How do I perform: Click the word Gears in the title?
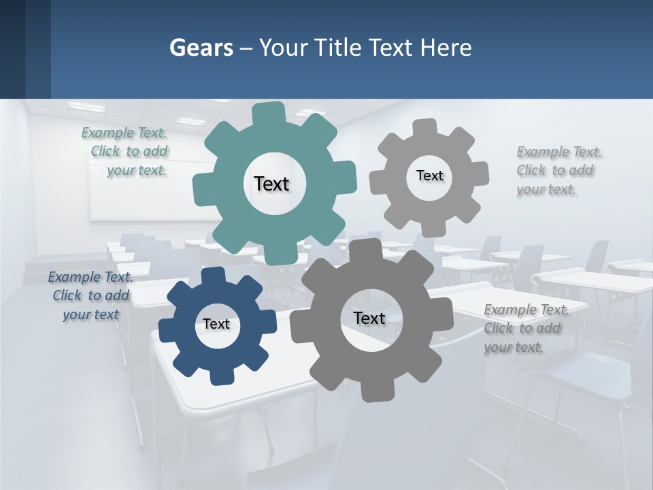[201, 48]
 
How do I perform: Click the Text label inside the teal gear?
[271, 184]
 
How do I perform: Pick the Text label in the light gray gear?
[429, 176]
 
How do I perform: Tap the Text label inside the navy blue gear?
[216, 324]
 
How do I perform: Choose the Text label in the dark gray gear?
[369, 318]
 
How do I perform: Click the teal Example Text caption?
[125, 151]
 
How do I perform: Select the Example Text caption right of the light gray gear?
[556, 170]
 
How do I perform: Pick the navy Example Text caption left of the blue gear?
[90, 295]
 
